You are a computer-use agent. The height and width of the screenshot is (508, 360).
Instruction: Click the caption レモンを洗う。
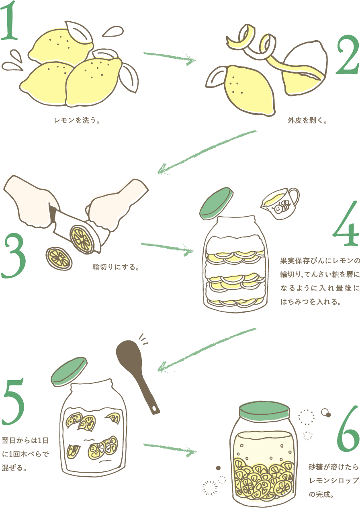coord(77,121)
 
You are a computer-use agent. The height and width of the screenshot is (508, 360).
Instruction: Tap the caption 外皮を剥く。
coord(307,121)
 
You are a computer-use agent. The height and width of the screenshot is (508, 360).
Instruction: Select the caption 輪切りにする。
coord(116,267)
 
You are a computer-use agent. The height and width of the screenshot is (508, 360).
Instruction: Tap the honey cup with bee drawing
coord(280,203)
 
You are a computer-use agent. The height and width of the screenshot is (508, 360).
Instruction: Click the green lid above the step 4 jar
coord(216,203)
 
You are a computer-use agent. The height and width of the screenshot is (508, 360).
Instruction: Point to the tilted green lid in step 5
coord(69,371)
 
